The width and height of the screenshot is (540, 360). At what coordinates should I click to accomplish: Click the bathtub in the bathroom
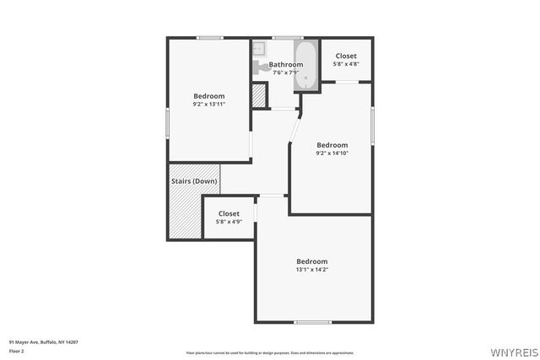(305, 67)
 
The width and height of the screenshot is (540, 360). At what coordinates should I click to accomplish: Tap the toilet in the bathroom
(256, 68)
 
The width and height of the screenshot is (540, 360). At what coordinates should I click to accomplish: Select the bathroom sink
(258, 47)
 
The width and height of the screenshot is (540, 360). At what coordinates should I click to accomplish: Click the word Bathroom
(285, 65)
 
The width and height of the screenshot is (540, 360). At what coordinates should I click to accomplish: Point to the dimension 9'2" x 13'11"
(209, 105)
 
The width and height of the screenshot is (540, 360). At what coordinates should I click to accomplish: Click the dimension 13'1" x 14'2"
(311, 270)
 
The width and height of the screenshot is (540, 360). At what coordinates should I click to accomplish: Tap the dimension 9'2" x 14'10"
(332, 153)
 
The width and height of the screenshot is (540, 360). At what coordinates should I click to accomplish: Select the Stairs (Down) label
(194, 181)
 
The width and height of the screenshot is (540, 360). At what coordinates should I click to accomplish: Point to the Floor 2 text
(16, 350)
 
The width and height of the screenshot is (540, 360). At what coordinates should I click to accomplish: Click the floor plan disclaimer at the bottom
(270, 353)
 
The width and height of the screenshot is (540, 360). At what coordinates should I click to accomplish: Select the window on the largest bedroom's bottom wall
(312, 322)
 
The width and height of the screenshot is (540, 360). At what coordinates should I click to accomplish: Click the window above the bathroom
(288, 37)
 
